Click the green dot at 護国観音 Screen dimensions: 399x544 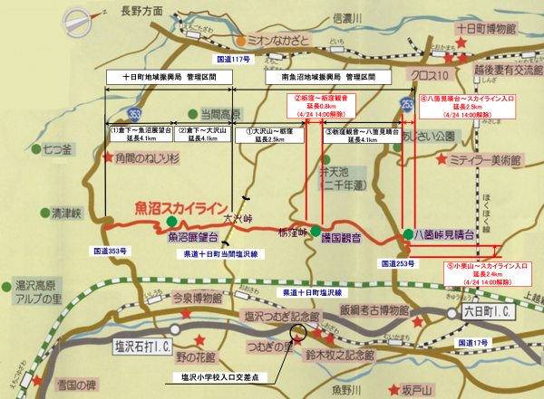316,230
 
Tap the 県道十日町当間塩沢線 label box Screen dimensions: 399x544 220,256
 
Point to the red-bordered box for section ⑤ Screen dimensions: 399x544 486,272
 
